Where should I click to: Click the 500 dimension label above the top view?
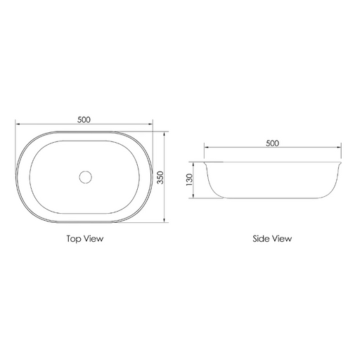pos(84,120)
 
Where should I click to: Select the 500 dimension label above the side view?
pos(272,143)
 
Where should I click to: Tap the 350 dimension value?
pos(160,177)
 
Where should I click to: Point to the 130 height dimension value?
pos(189,180)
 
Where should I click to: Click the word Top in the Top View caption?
pos(74,239)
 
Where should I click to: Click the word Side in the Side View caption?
pos(261,238)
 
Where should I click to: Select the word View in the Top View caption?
pos(94,238)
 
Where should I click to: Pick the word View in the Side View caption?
pos(281,238)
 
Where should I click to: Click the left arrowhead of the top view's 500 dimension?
pos(17,124)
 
